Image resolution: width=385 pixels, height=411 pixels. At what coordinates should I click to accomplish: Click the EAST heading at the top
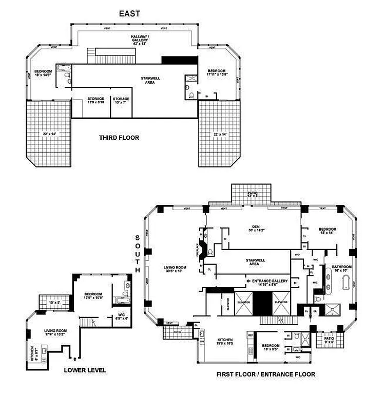coord(129,14)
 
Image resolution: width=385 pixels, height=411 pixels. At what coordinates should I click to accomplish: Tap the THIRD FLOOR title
coord(119,138)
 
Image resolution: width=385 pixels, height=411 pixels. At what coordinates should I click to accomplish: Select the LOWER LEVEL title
coord(85,370)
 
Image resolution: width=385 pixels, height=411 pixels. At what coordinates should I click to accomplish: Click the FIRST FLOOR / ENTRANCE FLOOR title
coord(266,375)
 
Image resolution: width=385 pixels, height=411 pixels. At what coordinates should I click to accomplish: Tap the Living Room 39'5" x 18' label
coord(175,270)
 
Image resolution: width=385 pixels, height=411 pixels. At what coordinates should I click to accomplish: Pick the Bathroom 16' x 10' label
coord(341,269)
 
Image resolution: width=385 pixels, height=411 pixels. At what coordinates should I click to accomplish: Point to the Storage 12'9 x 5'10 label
coord(95,100)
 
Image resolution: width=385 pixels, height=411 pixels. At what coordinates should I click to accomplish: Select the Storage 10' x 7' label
coord(121,100)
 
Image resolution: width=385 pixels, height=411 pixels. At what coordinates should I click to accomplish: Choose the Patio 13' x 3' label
coord(251,195)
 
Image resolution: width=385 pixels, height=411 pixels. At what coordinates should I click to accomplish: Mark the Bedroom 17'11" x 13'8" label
coord(216,72)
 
